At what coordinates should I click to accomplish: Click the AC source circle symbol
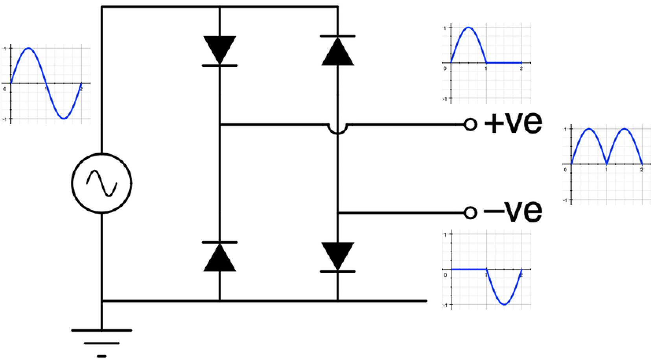pos(101,184)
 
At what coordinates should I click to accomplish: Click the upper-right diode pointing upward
pos(337,50)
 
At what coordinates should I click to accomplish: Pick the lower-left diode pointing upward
pos(219,257)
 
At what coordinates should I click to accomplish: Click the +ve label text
pos(513,123)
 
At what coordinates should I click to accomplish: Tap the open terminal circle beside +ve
pos(470,125)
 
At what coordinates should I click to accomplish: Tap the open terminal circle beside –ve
pos(470,213)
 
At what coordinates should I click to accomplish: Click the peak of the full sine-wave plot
pos(28,48)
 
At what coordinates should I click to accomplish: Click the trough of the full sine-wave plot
pos(64,118)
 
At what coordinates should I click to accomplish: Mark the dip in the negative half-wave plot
pos(504,304)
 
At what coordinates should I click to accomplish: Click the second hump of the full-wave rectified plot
pos(624,129)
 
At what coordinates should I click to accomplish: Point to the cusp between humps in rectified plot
pos(606,163)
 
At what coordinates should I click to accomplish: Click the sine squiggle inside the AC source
pos(101,184)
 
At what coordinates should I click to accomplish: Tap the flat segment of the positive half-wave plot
pos(504,62)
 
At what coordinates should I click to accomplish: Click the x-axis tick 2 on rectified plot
pos(641,169)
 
